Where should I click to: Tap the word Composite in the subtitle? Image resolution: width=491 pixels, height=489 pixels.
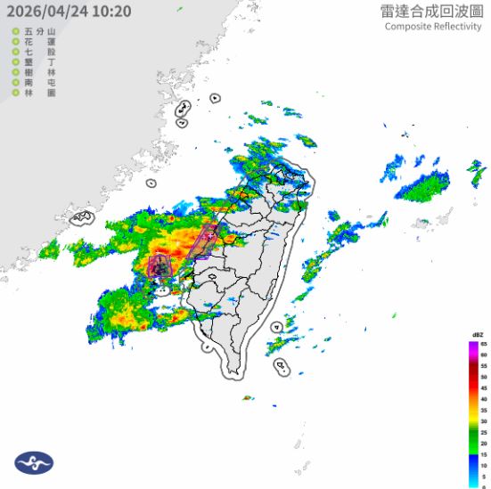pos(408,26)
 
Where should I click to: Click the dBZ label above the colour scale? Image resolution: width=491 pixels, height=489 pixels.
pos(479,334)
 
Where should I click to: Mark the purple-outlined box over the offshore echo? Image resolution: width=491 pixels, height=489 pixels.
pos(160,265)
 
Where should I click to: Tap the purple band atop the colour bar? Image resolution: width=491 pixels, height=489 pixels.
pos(472,346)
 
